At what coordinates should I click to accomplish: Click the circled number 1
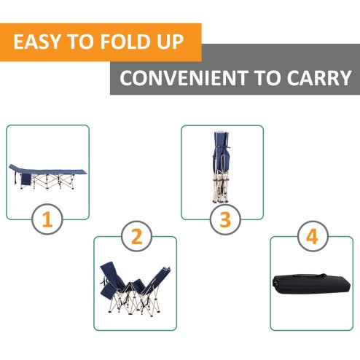[x=47, y=219]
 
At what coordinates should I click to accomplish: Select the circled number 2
[x=135, y=236]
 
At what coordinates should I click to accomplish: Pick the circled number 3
[x=225, y=219]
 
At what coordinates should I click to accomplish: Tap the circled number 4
[x=312, y=236]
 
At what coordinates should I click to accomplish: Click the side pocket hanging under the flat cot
[x=27, y=179]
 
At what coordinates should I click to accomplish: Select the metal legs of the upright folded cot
[x=221, y=189]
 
